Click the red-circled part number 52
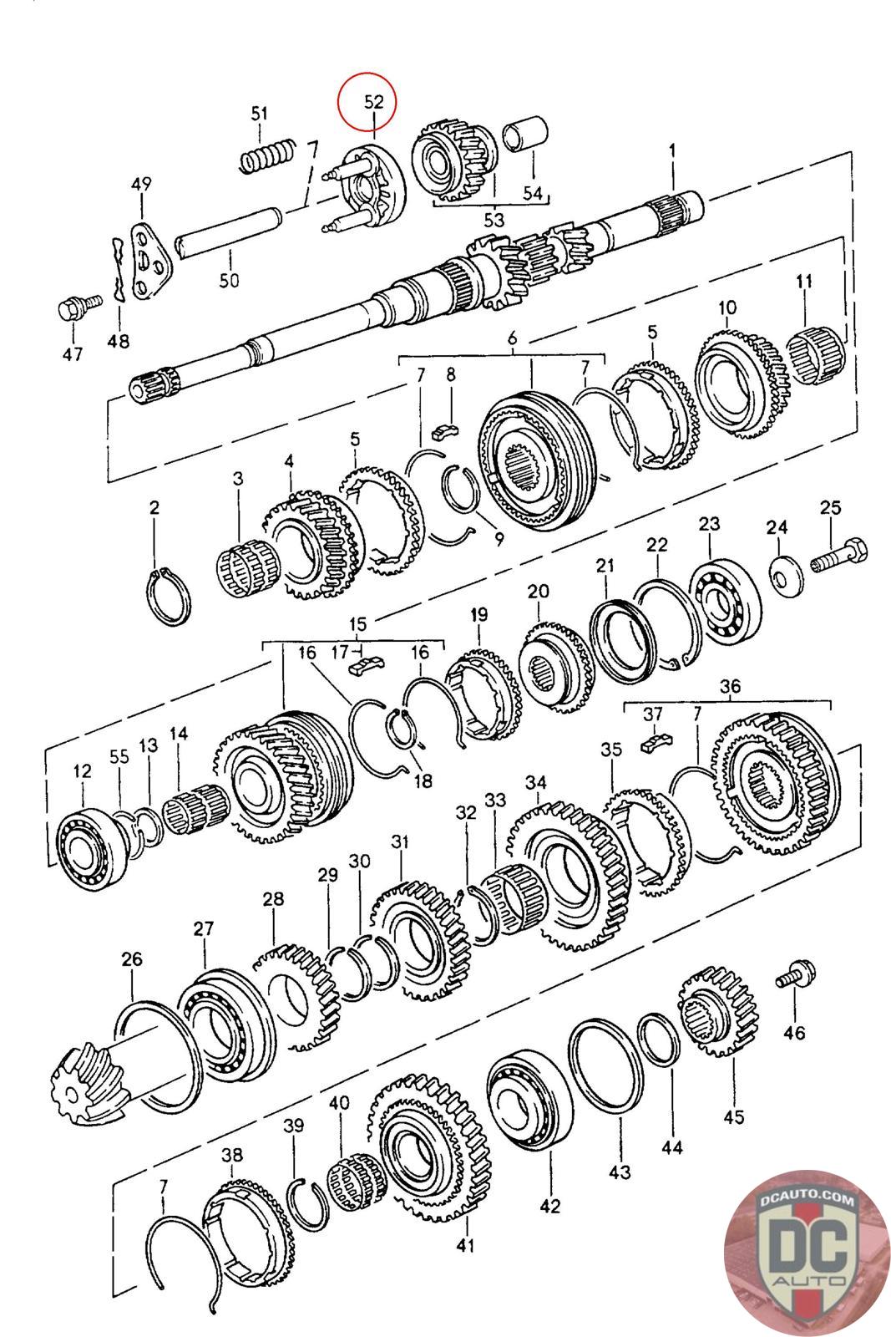[373, 101]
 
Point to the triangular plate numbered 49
[150, 263]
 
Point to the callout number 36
[730, 686]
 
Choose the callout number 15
[358, 624]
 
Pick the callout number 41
[465, 1245]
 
